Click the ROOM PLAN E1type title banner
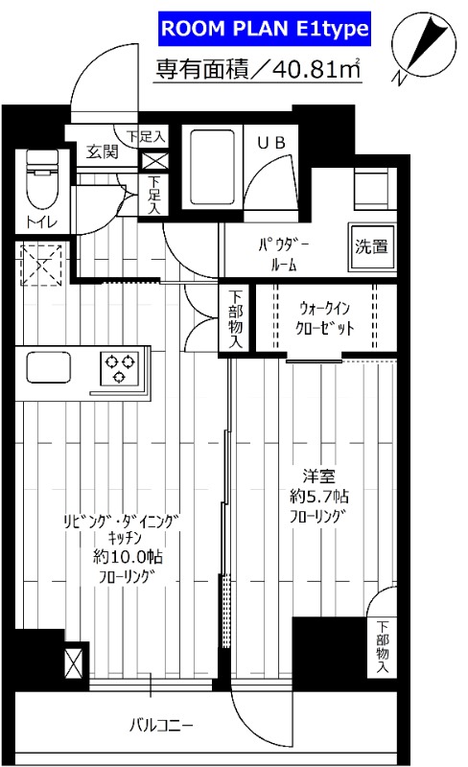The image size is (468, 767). [263, 30]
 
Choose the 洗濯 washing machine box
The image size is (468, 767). [371, 245]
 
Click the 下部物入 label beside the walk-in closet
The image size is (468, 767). [236, 319]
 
